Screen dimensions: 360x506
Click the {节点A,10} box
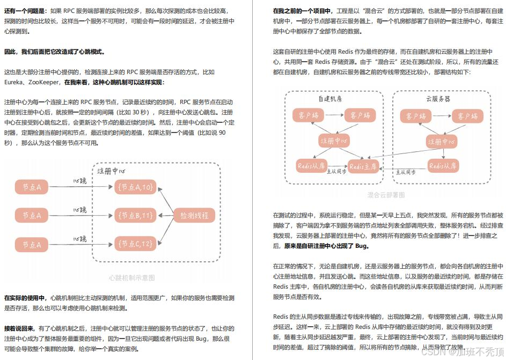point(134,187)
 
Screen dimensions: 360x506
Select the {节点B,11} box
point(134,215)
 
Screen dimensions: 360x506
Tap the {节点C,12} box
point(134,244)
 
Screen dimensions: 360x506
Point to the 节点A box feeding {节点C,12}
point(32,245)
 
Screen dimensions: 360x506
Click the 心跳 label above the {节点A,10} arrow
point(79,181)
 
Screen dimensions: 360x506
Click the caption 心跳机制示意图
point(131,278)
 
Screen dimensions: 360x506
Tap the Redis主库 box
point(363,166)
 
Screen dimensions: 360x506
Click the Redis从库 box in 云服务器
point(443,166)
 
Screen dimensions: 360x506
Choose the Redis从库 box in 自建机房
point(312,166)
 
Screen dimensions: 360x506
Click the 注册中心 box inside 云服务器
point(442,141)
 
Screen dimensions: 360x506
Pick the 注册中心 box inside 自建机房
point(334,141)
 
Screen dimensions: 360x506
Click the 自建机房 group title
point(330,99)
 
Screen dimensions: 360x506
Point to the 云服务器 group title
point(438,99)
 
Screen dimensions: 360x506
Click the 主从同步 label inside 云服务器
point(406,172)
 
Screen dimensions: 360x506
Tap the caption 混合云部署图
point(386,195)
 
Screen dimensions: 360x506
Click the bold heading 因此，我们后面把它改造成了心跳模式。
point(54,52)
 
